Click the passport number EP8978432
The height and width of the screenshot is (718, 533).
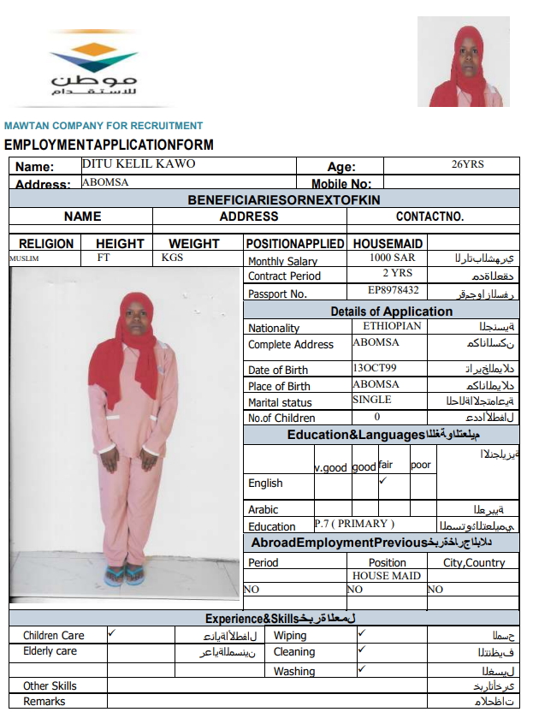coord(393,291)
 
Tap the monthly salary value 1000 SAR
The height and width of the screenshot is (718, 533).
coord(393,258)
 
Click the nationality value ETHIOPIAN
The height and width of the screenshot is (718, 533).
coord(392,326)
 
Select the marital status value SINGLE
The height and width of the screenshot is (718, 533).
coord(371,400)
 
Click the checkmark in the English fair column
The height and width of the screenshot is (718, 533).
coord(383,481)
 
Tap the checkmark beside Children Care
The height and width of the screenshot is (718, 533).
coord(112,633)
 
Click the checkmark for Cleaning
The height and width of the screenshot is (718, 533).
coord(362,650)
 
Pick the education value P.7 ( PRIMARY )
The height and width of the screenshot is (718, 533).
coord(354,524)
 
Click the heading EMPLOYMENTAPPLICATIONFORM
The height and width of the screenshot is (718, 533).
coord(109,145)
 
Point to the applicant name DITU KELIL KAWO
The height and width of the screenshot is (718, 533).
coord(139,163)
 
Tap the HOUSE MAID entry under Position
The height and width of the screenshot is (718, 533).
coord(387,576)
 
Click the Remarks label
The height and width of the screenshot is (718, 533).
coord(44,702)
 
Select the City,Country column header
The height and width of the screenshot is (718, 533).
coord(474,562)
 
